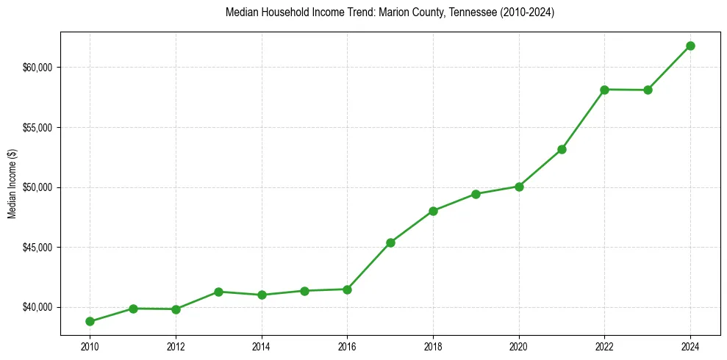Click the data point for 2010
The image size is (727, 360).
click(90, 321)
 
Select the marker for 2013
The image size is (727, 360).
click(218, 292)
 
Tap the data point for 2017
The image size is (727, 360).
click(390, 242)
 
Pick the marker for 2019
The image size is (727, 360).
click(476, 194)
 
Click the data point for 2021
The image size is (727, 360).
click(562, 149)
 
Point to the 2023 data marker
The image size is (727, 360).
click(648, 90)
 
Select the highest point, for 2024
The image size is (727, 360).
click(690, 46)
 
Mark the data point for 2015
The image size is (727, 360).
click(304, 291)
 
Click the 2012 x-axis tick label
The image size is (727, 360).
click(176, 346)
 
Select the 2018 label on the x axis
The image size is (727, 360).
click(433, 346)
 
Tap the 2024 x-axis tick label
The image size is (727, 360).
click(690, 346)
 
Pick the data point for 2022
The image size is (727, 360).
click(604, 90)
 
